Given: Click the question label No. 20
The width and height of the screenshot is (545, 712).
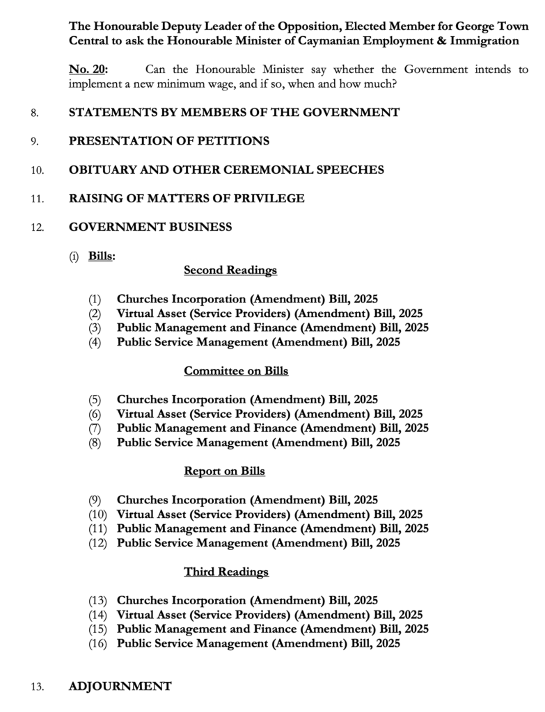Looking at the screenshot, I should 88,70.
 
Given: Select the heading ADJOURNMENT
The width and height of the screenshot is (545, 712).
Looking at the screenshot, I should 120,686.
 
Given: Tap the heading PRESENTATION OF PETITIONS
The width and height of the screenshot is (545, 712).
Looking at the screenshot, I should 169,141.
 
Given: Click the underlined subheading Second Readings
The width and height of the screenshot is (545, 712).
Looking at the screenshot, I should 230,270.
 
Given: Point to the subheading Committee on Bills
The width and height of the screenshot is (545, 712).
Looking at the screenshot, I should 235,371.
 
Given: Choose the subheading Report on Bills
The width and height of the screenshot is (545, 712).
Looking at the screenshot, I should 224,471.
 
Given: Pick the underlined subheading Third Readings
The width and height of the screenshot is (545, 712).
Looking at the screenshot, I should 226,572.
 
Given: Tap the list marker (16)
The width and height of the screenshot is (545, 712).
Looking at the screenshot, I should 97,644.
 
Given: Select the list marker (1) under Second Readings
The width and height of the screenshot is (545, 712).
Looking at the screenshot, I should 95,300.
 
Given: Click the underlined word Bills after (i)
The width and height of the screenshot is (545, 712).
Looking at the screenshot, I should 100,256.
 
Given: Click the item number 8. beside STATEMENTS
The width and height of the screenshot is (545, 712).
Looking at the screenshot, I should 35,113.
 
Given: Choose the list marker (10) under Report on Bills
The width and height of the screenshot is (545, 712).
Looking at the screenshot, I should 97,515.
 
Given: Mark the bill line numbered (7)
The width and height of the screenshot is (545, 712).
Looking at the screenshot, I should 272,428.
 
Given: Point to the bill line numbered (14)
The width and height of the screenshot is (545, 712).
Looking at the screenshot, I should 269,615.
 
